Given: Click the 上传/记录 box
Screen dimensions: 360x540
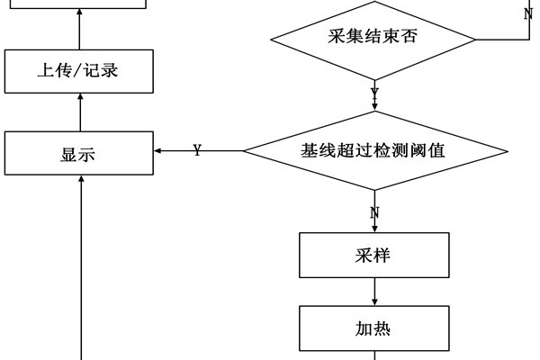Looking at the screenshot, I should pos(78,71).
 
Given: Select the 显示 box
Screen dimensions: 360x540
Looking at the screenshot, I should pos(78,153).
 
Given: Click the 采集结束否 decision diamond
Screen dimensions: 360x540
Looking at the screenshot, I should pos(373,39).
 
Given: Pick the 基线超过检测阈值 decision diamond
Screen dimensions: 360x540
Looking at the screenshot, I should pos(373,151).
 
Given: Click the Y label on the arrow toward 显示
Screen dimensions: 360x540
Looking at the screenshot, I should pos(197,150).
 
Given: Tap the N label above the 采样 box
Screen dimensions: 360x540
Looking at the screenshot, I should pos(374,212).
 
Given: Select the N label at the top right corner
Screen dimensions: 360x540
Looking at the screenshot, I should pos(528,13).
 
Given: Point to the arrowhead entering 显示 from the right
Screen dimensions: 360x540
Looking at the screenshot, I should pos(158,150).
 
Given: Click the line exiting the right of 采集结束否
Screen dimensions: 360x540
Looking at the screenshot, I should pos(502,39).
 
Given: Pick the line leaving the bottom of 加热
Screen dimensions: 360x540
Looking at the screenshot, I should pos(373,355).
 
